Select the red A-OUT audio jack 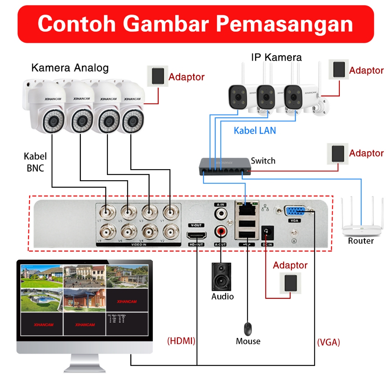(x=220, y=231)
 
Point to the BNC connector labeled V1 (x=170, y=211)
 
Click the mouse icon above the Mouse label (x=248, y=328)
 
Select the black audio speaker (x=222, y=276)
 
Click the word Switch (x=263, y=161)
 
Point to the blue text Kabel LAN (x=255, y=131)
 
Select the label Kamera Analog (x=70, y=68)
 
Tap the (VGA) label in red (x=328, y=342)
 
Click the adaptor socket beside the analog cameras (x=157, y=76)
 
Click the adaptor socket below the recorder (x=290, y=283)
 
